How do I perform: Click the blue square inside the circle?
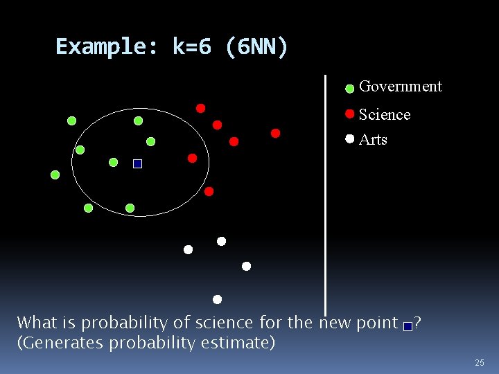tap(137, 164)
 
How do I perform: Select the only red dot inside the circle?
tap(193, 158)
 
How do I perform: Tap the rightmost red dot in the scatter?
tap(275, 133)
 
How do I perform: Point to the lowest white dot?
tap(217, 300)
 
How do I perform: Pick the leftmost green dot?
tap(55, 175)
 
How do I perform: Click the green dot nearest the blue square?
tap(114, 163)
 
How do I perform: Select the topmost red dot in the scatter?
tap(200, 108)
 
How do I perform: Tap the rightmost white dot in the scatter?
tap(246, 266)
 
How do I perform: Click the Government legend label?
tap(400, 87)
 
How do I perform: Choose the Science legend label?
tap(385, 114)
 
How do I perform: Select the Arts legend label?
tap(373, 139)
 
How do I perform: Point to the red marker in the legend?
tap(350, 114)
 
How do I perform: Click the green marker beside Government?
tap(350, 89)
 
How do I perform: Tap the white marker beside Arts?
tap(350, 139)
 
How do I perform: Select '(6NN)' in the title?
tap(257, 47)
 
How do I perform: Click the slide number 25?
tap(479, 363)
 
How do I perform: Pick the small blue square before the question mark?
tap(408, 326)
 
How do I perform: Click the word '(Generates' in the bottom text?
tap(56, 342)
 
